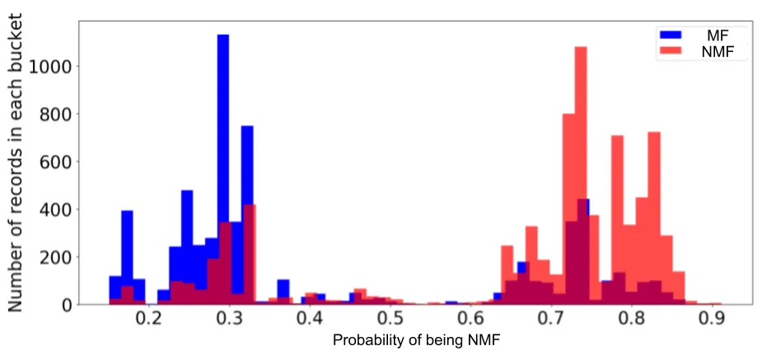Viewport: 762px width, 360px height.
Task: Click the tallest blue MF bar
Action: click(222, 165)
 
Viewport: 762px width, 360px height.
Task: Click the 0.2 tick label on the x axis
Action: click(149, 319)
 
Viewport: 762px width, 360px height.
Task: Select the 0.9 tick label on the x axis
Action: click(713, 319)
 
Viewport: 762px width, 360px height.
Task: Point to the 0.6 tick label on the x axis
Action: click(471, 319)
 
